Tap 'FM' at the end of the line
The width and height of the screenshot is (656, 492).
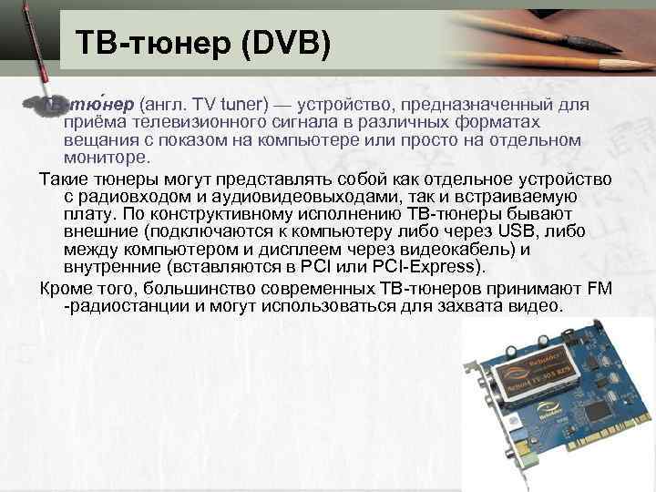(599, 288)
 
